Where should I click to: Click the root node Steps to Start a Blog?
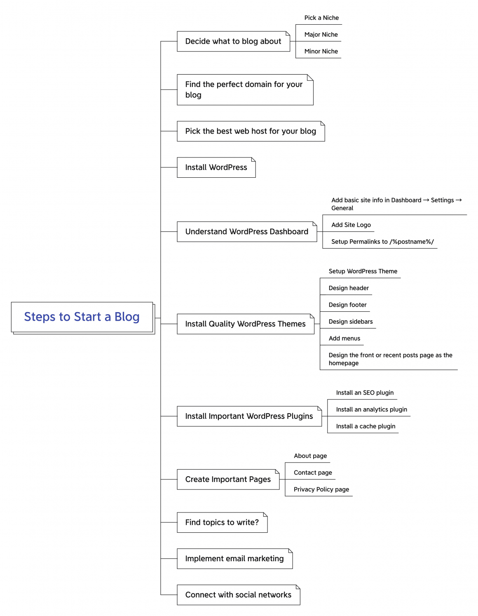[x=82, y=317]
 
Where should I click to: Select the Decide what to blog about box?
[x=233, y=41]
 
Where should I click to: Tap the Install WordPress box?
[x=216, y=167]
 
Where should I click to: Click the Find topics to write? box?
[x=222, y=522]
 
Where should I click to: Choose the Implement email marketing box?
[x=234, y=559]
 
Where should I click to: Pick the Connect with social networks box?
[x=238, y=595]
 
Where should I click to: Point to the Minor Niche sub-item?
[x=321, y=51]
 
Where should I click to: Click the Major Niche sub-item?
[x=321, y=35]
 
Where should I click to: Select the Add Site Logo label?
[x=351, y=225]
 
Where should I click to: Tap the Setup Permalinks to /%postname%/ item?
[x=382, y=242]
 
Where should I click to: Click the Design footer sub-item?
[x=347, y=305]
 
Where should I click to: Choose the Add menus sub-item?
[x=344, y=339]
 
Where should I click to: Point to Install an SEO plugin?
[x=365, y=393]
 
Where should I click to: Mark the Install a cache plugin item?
[x=366, y=426]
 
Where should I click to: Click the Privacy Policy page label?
[x=321, y=489]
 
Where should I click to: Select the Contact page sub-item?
[x=313, y=473]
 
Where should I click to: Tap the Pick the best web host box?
[x=251, y=131]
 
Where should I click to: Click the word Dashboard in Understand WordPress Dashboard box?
[x=289, y=232]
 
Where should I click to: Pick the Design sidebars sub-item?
[x=351, y=322]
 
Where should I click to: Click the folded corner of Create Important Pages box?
[x=277, y=471]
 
